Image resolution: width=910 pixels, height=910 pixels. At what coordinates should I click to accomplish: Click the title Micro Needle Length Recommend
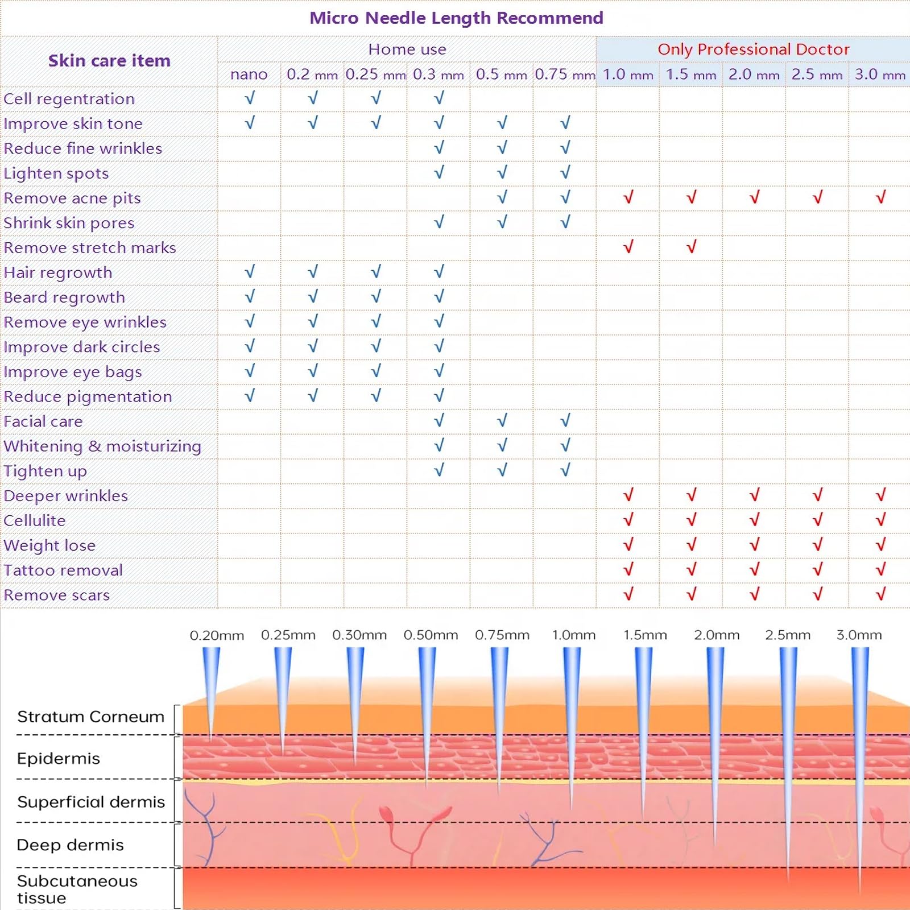[456, 18]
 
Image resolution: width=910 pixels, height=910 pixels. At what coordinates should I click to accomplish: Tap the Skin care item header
[109, 61]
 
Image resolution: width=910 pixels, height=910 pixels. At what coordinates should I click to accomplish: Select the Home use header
[407, 49]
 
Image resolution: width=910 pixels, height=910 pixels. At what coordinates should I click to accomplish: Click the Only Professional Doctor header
[754, 49]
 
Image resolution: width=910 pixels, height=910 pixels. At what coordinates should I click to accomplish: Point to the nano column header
[249, 75]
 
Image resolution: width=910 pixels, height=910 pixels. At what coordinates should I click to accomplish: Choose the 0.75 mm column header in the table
[565, 75]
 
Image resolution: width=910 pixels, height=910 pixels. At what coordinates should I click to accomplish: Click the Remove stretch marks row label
[90, 248]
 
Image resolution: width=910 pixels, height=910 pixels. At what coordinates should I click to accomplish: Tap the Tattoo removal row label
[63, 570]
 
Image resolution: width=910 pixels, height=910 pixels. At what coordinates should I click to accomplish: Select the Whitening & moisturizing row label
[102, 446]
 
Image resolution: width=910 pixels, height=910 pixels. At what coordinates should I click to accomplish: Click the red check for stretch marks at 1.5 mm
[691, 247]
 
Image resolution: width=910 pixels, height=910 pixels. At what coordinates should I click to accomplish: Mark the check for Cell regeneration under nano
[250, 98]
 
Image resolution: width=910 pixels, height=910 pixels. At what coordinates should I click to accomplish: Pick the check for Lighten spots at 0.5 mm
[502, 172]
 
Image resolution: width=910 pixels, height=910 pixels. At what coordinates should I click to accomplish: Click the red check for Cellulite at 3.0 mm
[880, 519]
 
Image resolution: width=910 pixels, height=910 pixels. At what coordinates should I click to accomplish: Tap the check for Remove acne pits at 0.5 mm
[502, 197]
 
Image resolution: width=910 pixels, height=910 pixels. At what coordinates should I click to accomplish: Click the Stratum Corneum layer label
[90, 717]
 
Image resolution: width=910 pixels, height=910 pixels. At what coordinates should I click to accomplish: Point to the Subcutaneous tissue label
[77, 890]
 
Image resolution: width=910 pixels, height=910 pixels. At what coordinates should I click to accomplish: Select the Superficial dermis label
[91, 802]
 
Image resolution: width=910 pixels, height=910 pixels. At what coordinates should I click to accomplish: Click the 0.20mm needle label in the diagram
[217, 635]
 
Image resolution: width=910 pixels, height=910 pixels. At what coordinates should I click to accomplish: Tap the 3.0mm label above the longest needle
[859, 635]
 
